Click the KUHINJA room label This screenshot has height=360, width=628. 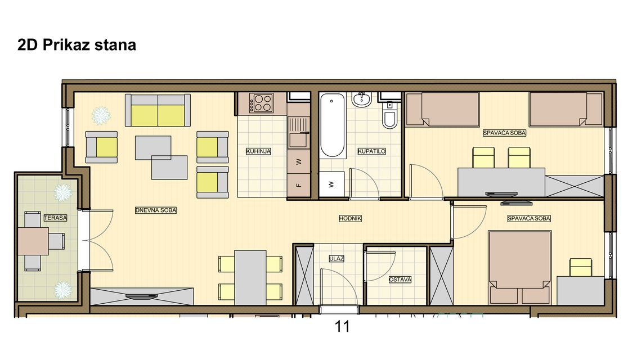click(x=258, y=151)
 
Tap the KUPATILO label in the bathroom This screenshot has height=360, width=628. click(x=371, y=151)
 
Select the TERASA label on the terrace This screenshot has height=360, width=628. click(x=55, y=218)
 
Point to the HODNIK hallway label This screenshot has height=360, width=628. click(x=351, y=218)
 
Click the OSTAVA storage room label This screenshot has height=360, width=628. click(x=400, y=280)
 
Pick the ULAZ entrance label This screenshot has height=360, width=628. click(x=337, y=259)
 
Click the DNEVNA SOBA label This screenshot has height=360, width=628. click(x=156, y=210)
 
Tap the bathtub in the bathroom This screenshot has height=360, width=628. click(x=333, y=125)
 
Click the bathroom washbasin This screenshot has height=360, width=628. click(x=362, y=100)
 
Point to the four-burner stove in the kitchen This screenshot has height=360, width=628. click(x=262, y=102)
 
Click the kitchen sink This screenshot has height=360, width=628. click(x=298, y=133)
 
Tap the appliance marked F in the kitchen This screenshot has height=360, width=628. click(x=299, y=186)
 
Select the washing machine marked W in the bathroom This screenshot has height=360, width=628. click(x=331, y=184)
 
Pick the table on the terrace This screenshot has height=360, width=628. click(x=34, y=241)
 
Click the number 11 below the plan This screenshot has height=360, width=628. click(x=342, y=326)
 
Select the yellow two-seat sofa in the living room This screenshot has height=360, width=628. click(x=158, y=110)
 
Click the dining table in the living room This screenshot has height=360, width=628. click(x=250, y=278)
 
